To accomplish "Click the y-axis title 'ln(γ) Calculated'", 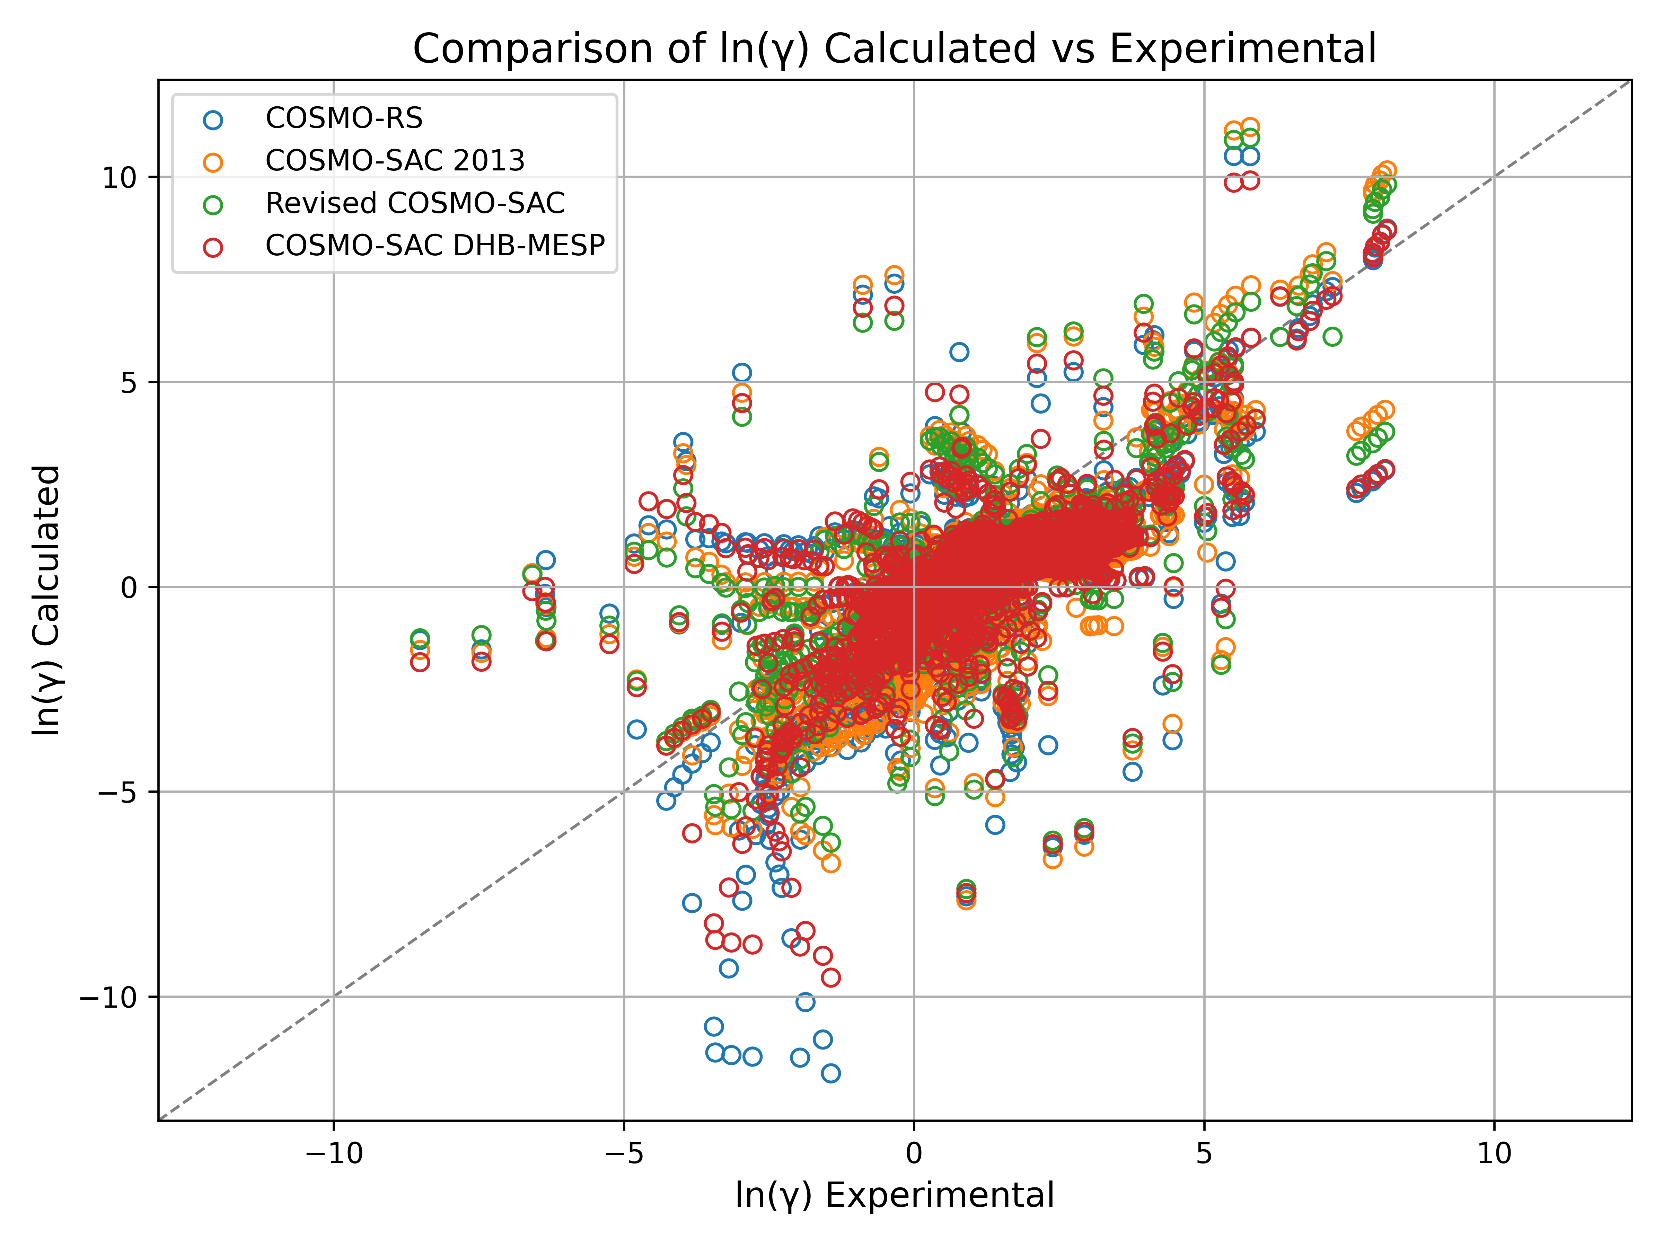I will pyautogui.click(x=47, y=600).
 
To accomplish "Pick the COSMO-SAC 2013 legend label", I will pyautogui.click(x=395, y=161).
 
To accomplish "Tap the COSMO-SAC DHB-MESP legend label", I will pyautogui.click(x=434, y=246).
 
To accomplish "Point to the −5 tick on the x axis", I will pyautogui.click(x=623, y=1152).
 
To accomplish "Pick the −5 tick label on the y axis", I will pyautogui.click(x=119, y=792).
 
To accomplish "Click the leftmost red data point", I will pyautogui.click(x=420, y=662).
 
